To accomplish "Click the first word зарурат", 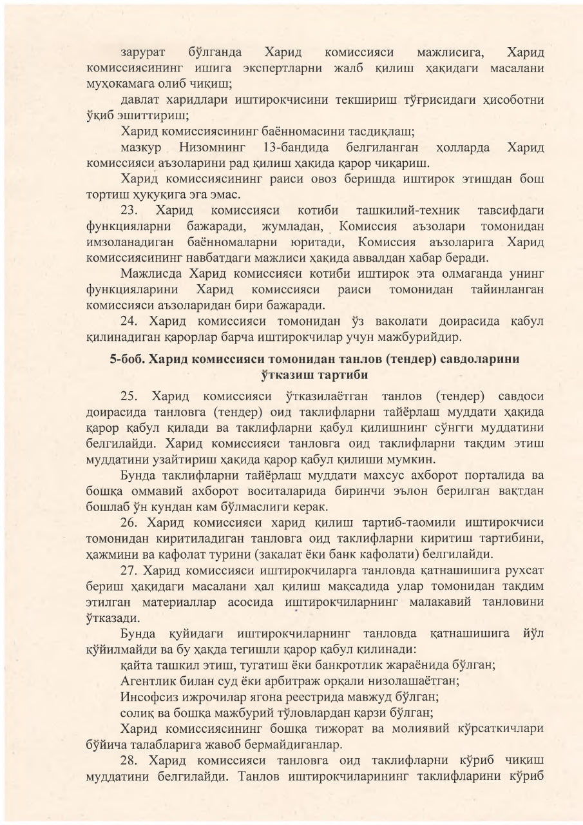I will [x=143, y=52].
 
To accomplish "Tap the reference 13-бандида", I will [x=297, y=148].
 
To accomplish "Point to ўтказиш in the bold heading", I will [x=279, y=374].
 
